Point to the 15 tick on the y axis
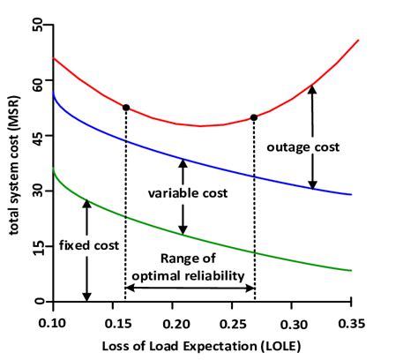(x=38, y=246)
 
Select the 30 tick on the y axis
(x=38, y=191)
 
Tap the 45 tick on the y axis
(x=38, y=135)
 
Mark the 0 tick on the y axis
(x=38, y=301)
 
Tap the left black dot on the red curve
(x=126, y=108)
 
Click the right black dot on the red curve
(x=254, y=117)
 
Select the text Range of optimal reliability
(x=189, y=266)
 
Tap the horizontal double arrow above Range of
(x=190, y=288)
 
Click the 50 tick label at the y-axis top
(x=38, y=26)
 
